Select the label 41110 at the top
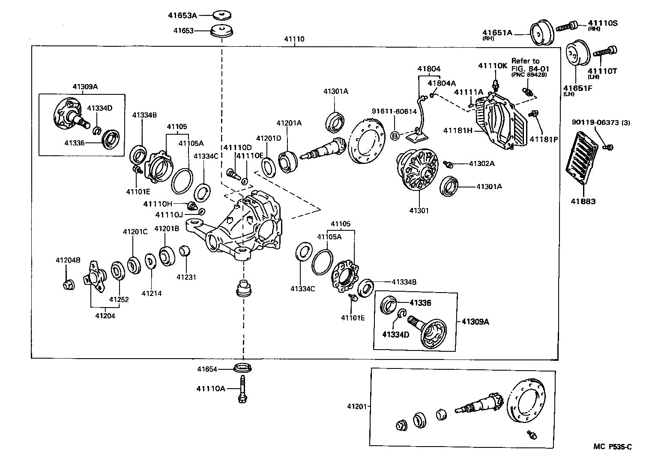point(294,39)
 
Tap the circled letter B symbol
point(395,136)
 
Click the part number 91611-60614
point(394,112)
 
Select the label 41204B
point(68,260)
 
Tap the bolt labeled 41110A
point(242,388)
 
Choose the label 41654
point(207,369)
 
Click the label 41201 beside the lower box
point(357,406)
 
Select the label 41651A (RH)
point(497,33)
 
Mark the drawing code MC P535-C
point(612,447)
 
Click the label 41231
point(186,277)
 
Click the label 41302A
point(482,163)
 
